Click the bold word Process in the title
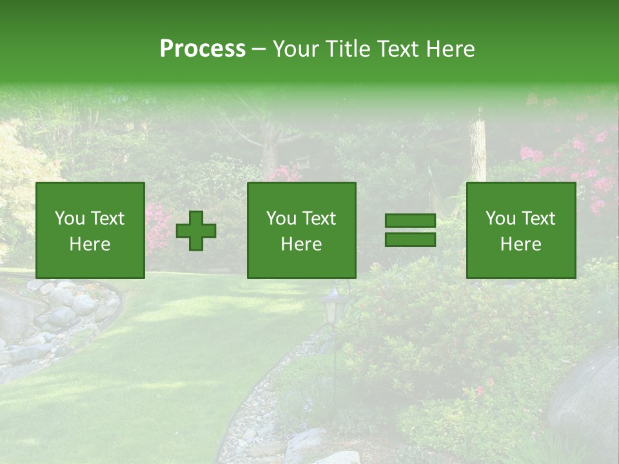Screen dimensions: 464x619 (202, 49)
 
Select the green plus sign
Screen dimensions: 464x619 (196, 231)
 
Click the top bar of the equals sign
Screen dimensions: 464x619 (410, 221)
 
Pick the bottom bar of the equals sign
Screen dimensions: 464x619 (410, 240)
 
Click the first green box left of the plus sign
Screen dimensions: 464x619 (90, 230)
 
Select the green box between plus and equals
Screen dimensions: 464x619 (301, 230)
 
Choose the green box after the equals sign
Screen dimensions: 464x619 (521, 230)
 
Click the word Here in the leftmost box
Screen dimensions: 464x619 (90, 244)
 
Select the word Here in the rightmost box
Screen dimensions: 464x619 (521, 244)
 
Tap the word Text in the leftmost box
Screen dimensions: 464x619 (108, 218)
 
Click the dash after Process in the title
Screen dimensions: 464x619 (259, 49)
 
